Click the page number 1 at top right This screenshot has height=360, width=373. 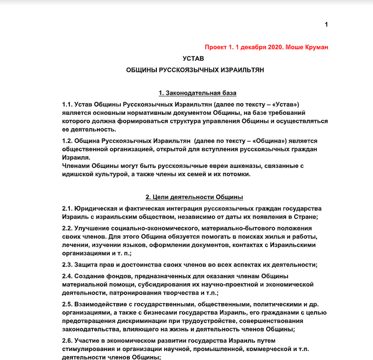tap(326, 24)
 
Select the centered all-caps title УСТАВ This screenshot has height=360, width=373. tap(193, 59)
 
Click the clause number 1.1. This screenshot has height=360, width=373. tap(67, 104)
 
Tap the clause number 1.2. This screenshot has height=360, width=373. tap(67, 141)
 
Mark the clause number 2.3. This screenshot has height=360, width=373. tap(67, 265)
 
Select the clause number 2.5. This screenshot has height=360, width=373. tap(67, 304)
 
